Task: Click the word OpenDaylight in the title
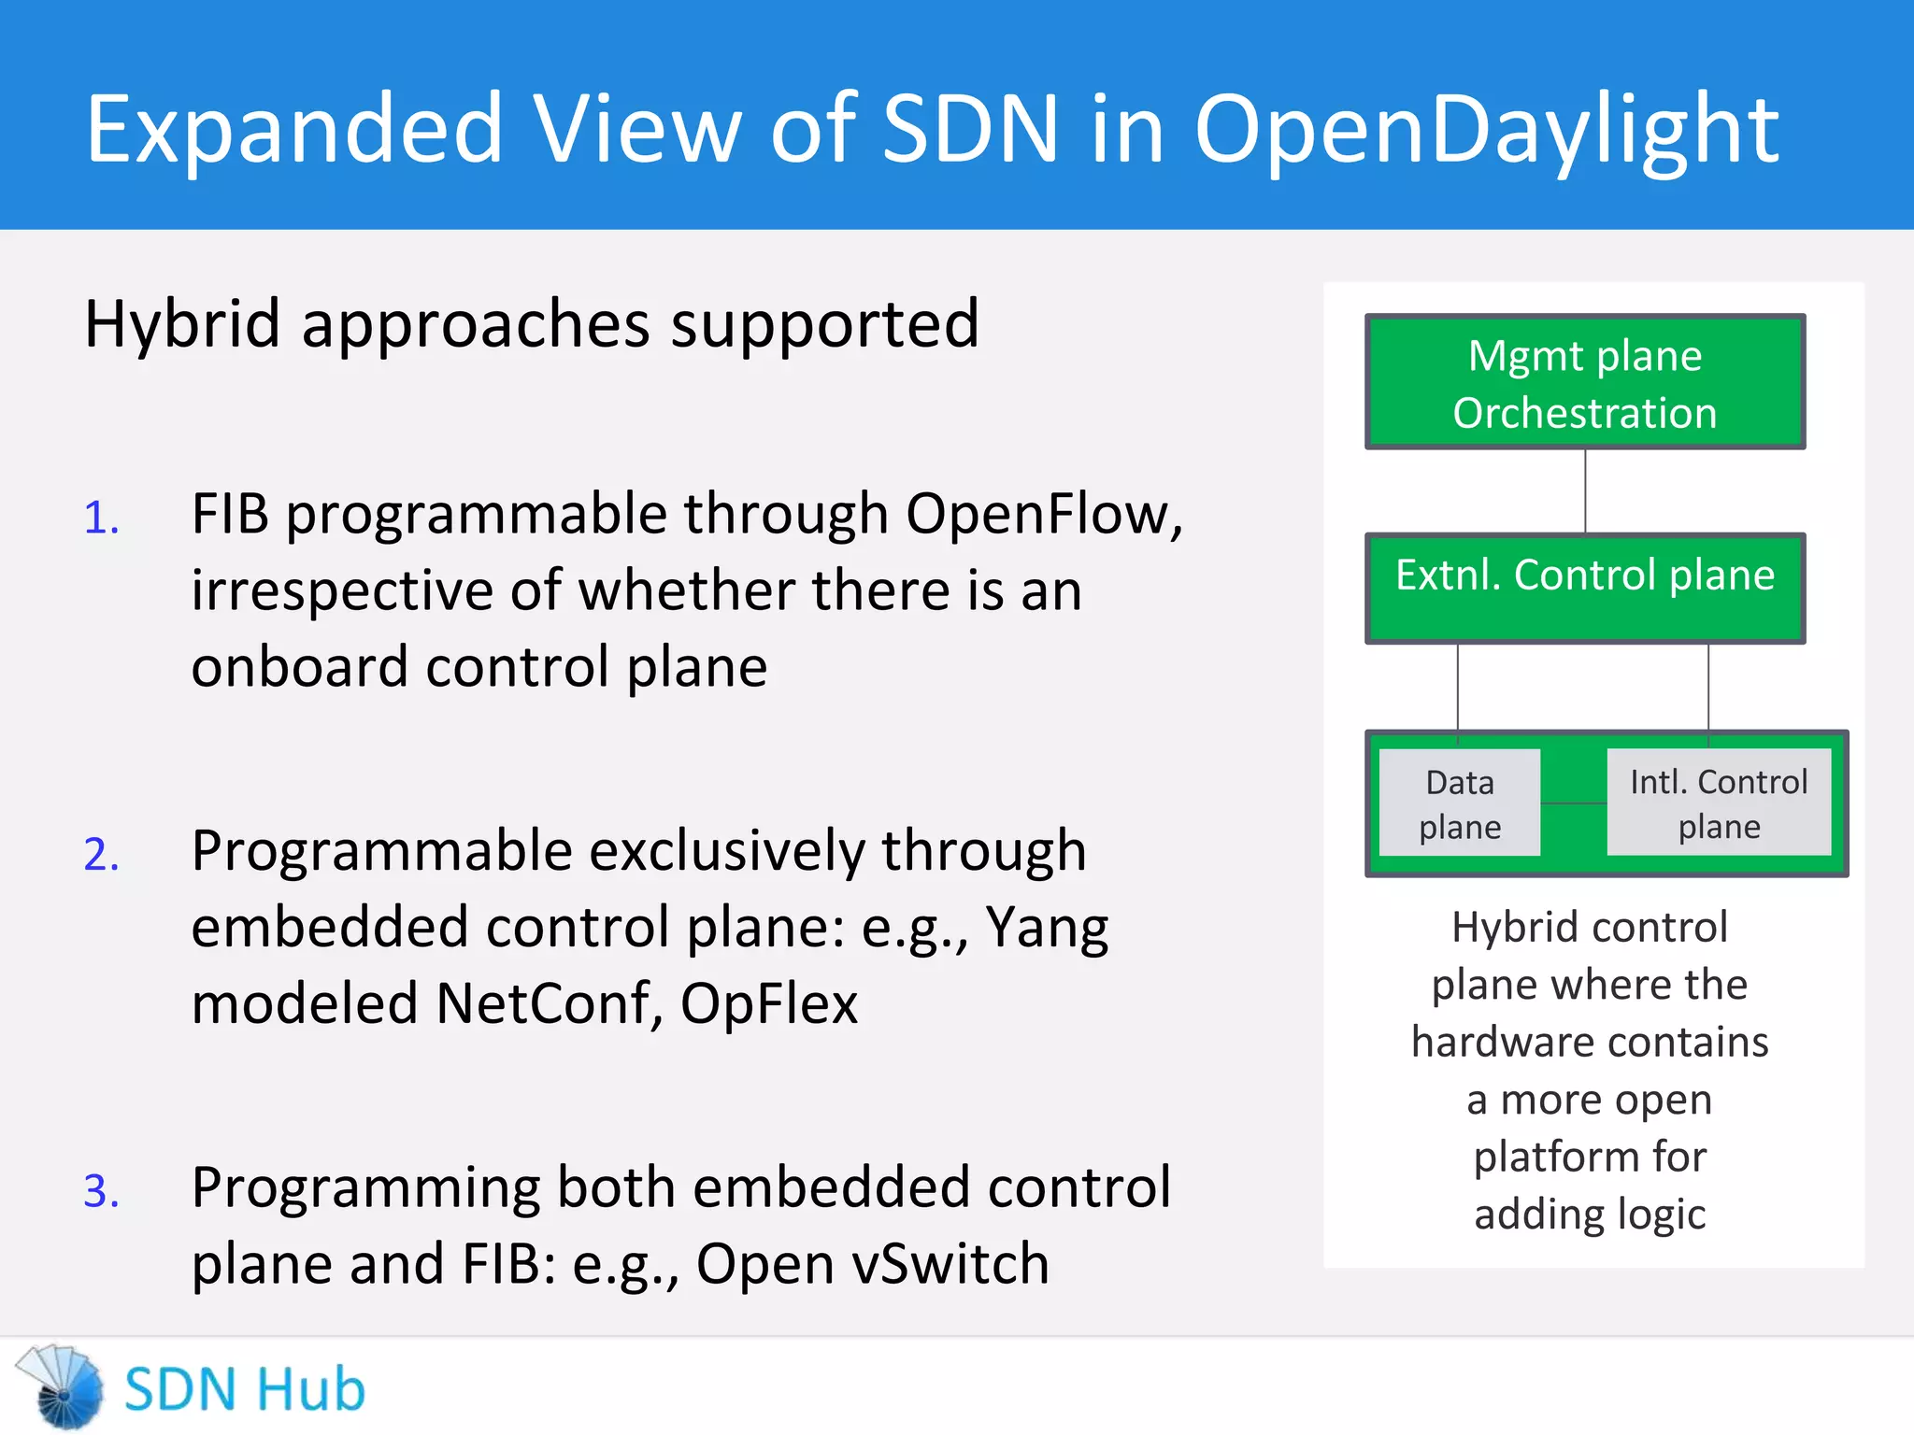click(1486, 131)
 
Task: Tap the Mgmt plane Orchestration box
click(1585, 383)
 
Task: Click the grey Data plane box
click(1460, 803)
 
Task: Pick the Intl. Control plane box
click(1719, 803)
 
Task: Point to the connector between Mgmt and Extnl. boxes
click(1585, 491)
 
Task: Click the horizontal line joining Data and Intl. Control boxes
click(1574, 803)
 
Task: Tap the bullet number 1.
click(102, 519)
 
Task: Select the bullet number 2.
click(102, 855)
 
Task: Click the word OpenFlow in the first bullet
click(1037, 515)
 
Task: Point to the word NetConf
click(542, 1004)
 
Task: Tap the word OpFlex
click(768, 1004)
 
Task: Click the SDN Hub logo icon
click(62, 1387)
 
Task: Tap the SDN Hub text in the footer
click(244, 1389)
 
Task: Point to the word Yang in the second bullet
click(1047, 930)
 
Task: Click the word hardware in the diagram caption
click(1495, 1042)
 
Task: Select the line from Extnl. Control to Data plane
click(1458, 688)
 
